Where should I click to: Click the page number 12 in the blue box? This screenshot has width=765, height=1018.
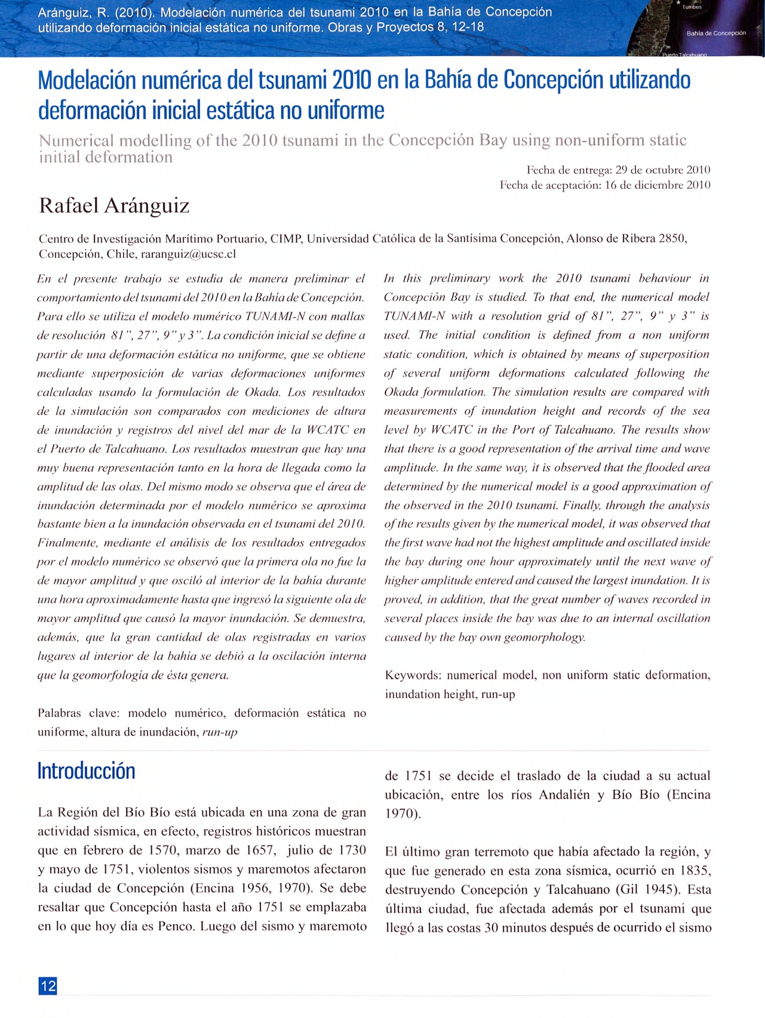tap(48, 985)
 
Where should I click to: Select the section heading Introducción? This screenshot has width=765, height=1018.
tap(86, 771)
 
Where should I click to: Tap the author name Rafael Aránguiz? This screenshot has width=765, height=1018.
tap(114, 205)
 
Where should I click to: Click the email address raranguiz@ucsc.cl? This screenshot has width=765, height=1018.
tap(188, 254)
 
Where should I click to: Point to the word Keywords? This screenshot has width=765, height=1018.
tap(413, 675)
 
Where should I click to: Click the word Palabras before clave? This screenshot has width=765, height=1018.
tap(61, 713)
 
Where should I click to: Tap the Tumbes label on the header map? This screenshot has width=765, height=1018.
tap(692, 7)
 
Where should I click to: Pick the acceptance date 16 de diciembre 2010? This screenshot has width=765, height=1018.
tap(658, 185)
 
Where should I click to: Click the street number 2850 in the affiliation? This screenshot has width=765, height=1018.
tap(672, 239)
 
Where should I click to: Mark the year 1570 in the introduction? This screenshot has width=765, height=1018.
tap(164, 850)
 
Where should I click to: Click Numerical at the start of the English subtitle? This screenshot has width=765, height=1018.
tap(76, 140)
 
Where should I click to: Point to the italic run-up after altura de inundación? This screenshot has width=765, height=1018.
tap(220, 732)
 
